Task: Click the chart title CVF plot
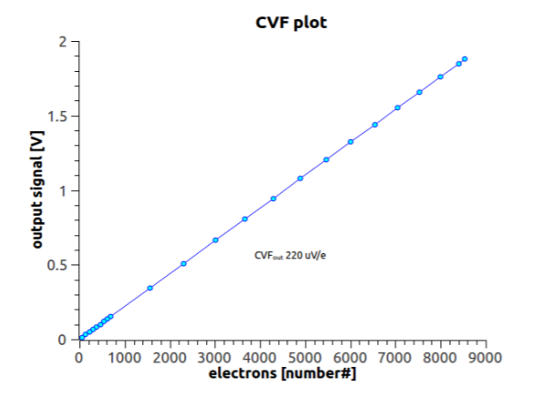point(291,23)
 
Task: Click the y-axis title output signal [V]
point(37,189)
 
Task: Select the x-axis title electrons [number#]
point(282,373)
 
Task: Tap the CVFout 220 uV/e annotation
point(290,255)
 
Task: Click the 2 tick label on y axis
point(63,42)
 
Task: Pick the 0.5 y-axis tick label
point(56,265)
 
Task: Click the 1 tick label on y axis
point(64,191)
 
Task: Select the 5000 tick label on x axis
point(305,358)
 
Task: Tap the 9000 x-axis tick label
point(486,358)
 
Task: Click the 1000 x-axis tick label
point(125,358)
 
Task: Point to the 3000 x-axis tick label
point(215,358)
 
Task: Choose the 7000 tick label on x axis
point(395,358)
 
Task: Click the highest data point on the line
point(465,59)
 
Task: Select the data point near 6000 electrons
point(351,142)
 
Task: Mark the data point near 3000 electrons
point(215,240)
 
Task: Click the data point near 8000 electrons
point(440,77)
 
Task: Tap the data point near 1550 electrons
point(149,288)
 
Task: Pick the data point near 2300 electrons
point(183,263)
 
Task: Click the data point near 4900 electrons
point(300,178)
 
